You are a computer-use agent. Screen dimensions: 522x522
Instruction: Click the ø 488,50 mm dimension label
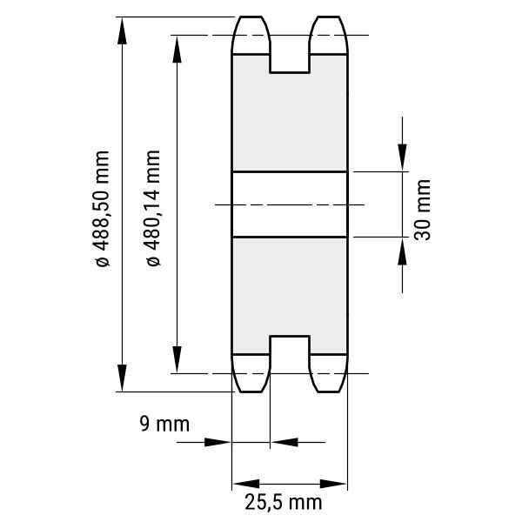(102, 209)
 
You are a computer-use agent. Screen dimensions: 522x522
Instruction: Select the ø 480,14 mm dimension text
(153, 208)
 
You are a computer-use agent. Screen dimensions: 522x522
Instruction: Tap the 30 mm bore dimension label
(423, 210)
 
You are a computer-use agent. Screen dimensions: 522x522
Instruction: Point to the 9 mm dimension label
(164, 425)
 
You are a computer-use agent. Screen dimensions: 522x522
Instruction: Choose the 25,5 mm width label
(284, 502)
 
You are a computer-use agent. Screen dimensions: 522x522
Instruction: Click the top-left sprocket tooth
(251, 35)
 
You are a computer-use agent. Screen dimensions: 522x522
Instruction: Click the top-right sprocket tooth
(329, 35)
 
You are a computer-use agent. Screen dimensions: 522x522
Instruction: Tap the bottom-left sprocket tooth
(251, 373)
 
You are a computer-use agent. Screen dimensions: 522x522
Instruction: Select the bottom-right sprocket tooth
(329, 373)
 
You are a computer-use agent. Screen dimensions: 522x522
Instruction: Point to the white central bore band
(290, 204)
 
